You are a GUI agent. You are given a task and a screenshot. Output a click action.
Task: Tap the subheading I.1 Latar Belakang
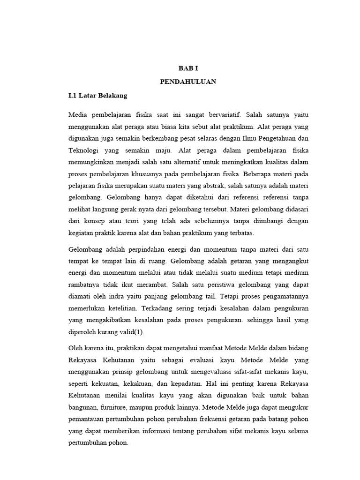97,95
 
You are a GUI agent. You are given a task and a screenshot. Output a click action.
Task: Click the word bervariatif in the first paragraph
222,115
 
